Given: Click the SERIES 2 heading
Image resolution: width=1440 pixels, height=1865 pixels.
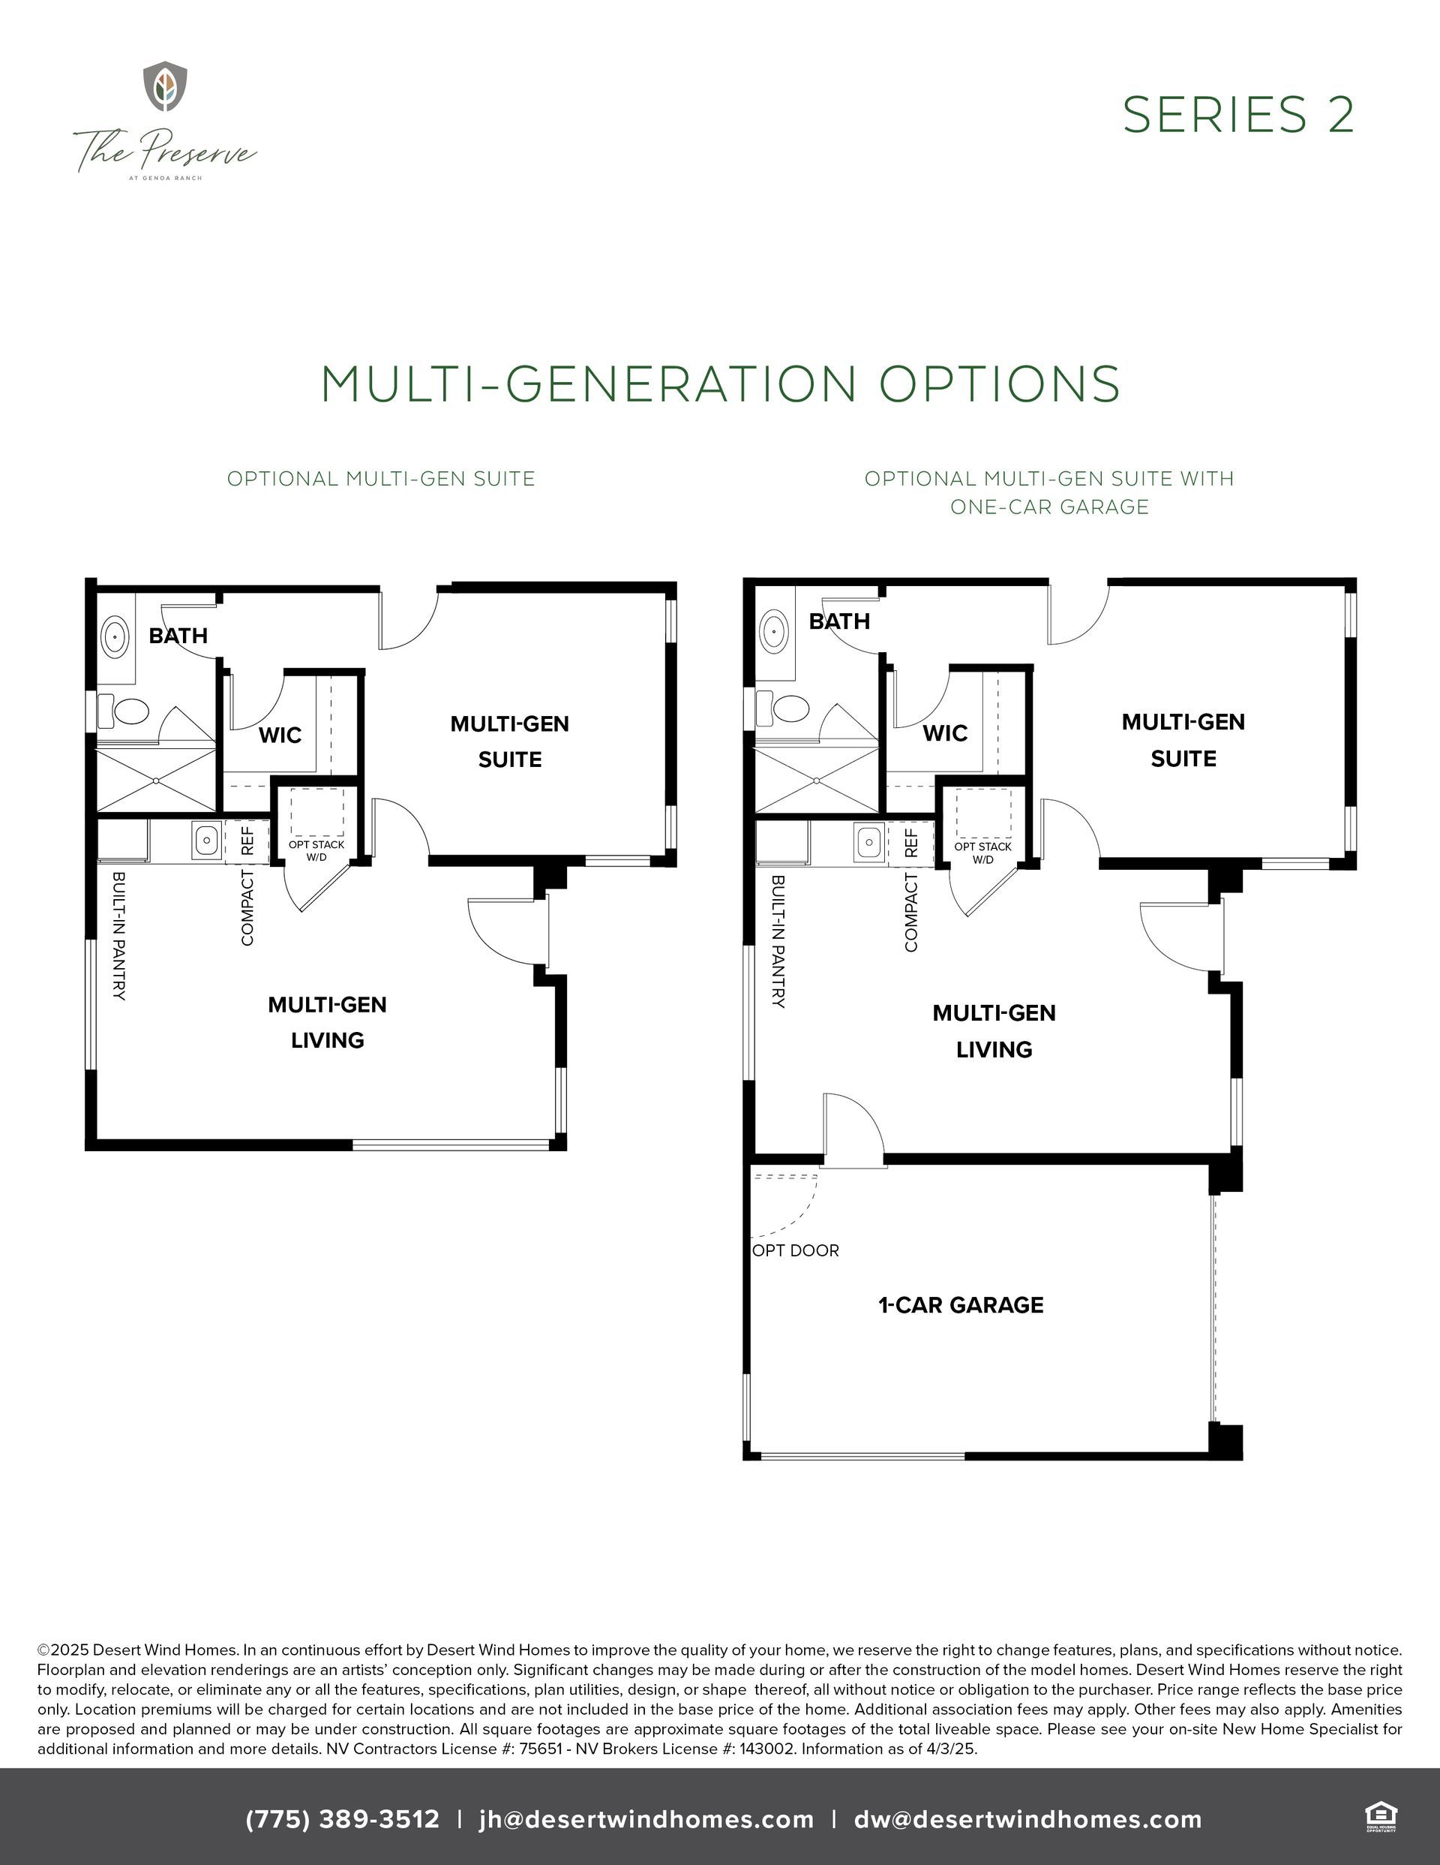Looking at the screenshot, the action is (x=1237, y=114).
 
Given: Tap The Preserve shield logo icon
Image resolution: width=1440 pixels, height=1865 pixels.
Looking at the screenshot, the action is (x=165, y=86).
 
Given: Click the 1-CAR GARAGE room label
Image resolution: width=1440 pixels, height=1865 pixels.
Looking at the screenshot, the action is (x=961, y=1305).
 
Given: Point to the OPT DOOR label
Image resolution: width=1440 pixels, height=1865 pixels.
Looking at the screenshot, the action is (x=796, y=1250).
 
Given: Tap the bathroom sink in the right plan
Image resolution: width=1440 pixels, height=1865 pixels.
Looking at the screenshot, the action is (x=775, y=631).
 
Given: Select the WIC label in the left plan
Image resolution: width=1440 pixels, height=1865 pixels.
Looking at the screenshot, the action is (x=280, y=735).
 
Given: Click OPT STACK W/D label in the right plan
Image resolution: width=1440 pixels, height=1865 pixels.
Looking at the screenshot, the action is (x=982, y=853).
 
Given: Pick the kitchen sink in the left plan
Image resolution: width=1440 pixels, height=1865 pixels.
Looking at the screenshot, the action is (x=205, y=841).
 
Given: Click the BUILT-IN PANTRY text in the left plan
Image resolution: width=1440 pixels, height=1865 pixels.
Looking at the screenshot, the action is (x=118, y=936).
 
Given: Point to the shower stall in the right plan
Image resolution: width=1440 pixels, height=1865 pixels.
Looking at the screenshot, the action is (x=817, y=780).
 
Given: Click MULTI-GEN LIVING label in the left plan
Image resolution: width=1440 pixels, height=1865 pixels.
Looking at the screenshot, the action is (x=328, y=1022).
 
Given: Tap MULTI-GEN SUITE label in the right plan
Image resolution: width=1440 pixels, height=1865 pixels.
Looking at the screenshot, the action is (x=1183, y=740).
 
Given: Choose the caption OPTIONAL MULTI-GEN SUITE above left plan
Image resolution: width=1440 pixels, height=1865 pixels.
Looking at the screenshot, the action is (x=381, y=479).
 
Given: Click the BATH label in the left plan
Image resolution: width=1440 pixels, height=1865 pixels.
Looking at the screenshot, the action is (x=178, y=636).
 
